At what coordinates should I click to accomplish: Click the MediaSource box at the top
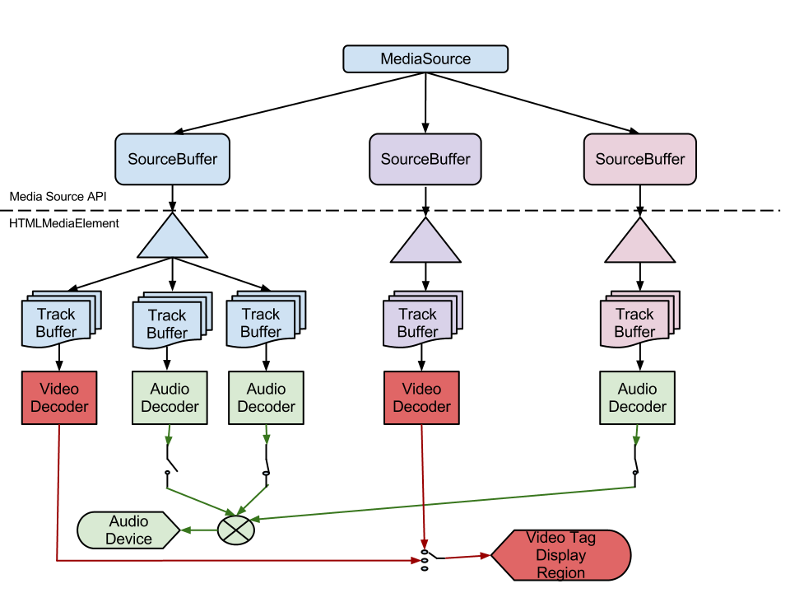(425, 58)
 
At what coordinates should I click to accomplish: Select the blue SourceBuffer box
(172, 158)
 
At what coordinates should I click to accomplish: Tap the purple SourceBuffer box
(425, 158)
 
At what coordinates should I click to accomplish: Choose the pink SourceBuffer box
(639, 158)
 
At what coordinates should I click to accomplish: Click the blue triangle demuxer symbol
(172, 239)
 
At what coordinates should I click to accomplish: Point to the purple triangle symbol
(425, 243)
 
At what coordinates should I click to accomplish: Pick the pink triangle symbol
(639, 243)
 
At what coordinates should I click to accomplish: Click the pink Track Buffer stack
(635, 322)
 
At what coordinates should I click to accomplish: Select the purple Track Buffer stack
(420, 322)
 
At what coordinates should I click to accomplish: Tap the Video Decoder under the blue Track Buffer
(58, 397)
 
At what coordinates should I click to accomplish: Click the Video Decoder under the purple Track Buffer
(421, 397)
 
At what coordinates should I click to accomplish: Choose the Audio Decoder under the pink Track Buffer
(637, 397)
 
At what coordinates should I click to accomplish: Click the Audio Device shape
(128, 530)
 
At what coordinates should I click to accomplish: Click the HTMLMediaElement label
(64, 223)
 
